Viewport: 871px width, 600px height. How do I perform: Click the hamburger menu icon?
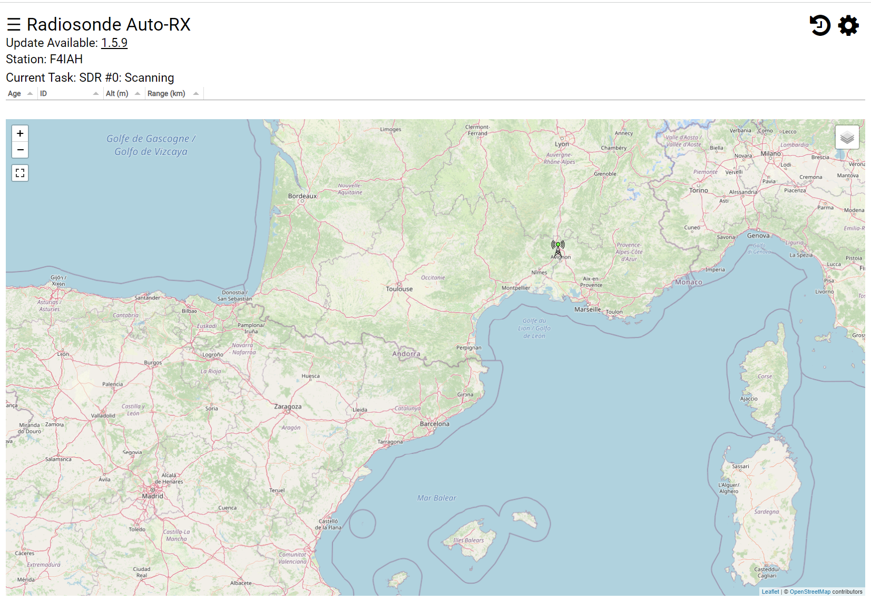pos(14,24)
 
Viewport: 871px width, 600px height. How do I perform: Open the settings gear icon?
pos(848,25)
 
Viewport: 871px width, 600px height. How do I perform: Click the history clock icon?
pos(820,25)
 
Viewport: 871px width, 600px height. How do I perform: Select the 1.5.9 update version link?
pos(114,43)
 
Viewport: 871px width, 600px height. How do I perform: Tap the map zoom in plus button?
pos(20,133)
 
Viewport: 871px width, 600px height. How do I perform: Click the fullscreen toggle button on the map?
pos(20,173)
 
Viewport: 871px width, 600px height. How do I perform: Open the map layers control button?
pos(847,138)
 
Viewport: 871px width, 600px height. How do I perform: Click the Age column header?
pos(15,93)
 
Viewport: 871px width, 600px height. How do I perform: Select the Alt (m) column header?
pos(117,93)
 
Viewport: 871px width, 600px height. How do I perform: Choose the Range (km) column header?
pos(167,93)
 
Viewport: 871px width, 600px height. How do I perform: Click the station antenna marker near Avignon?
pos(558,247)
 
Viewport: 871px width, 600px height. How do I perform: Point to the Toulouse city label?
pos(399,289)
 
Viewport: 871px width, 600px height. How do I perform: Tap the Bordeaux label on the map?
pos(302,196)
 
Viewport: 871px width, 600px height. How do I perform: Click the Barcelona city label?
pos(435,424)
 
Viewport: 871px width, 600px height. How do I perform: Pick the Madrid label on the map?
pos(153,496)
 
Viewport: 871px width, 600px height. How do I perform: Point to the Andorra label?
pos(406,354)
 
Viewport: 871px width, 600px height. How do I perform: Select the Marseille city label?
pos(588,309)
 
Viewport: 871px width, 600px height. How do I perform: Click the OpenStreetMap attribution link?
pos(810,592)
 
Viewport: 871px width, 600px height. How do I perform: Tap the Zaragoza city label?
pos(288,407)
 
